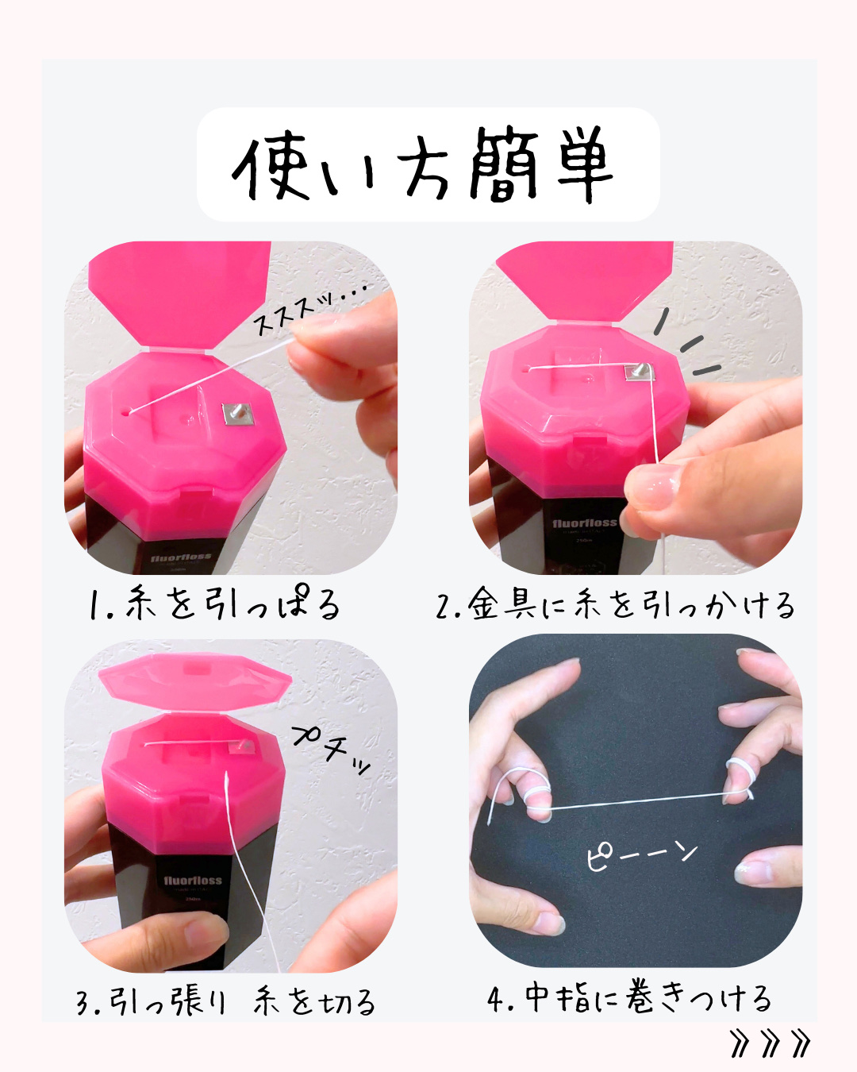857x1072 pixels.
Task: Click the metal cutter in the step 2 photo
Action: click(x=640, y=372)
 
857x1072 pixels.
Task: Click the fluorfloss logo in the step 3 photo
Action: click(x=193, y=880)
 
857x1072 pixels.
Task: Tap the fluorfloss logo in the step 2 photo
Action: click(x=585, y=523)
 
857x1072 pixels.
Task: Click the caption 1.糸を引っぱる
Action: click(x=215, y=603)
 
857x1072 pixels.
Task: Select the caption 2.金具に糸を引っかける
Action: click(x=615, y=604)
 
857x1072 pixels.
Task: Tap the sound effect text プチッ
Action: click(x=331, y=750)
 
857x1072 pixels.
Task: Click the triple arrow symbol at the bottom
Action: click(x=771, y=1043)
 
